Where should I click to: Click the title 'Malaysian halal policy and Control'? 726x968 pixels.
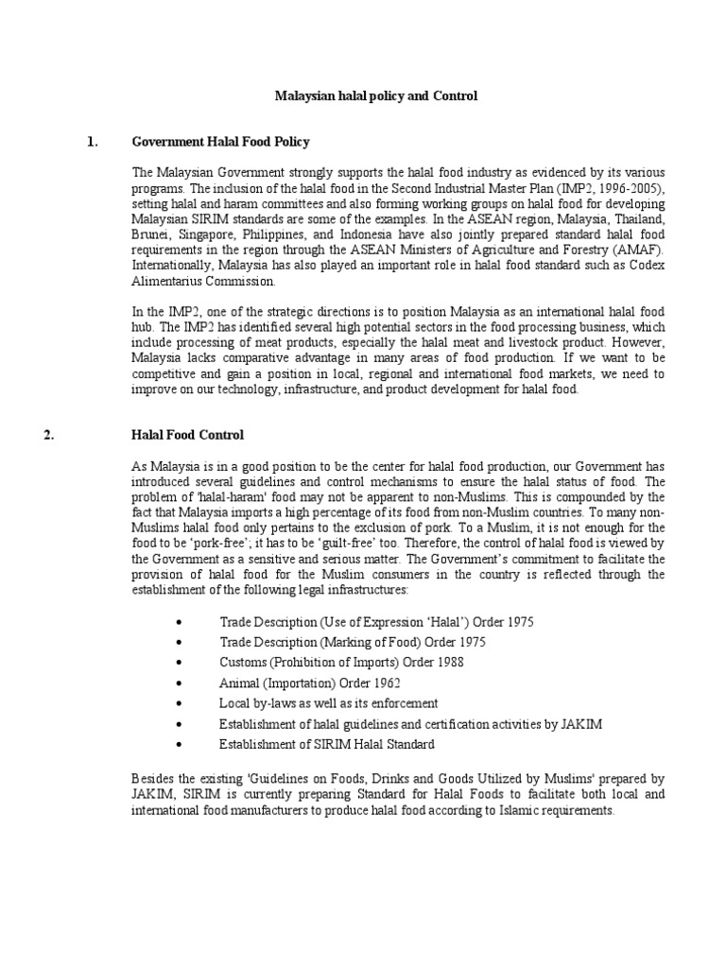click(376, 95)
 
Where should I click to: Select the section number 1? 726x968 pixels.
click(92, 142)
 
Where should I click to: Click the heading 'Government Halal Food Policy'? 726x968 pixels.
click(220, 142)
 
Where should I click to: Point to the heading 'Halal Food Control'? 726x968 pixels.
click(187, 435)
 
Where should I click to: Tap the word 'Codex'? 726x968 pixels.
click(647, 265)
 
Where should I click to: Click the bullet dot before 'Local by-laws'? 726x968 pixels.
click(181, 703)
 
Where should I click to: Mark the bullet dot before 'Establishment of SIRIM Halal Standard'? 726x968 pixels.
click(181, 745)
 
